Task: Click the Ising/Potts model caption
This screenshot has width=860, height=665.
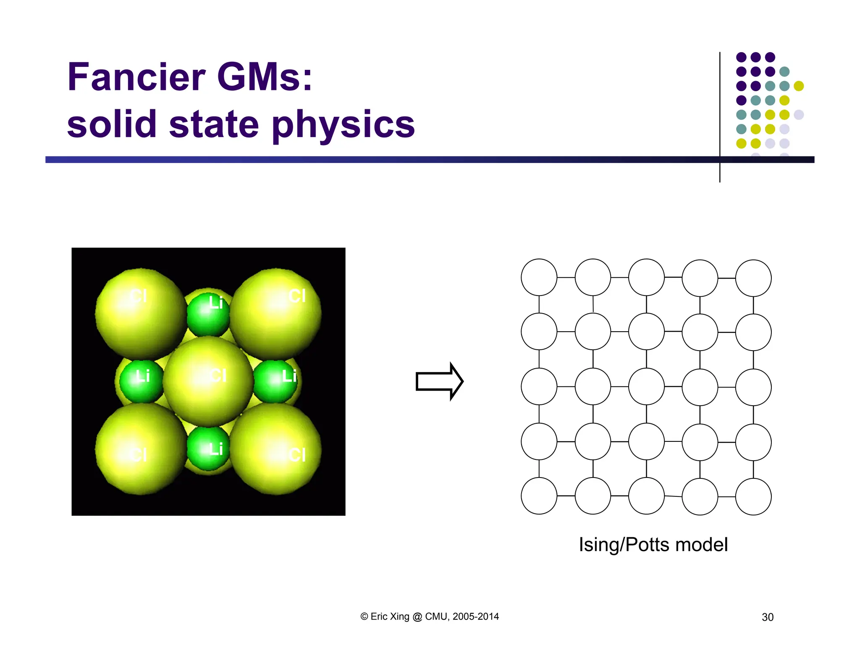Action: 653,545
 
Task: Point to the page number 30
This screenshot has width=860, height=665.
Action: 767,617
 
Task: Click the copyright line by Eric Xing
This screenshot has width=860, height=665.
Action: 430,617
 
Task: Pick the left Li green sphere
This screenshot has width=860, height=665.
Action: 141,380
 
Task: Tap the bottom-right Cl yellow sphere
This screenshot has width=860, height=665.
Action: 276,449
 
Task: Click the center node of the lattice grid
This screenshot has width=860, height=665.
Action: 646,387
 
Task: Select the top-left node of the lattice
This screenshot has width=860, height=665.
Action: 539,277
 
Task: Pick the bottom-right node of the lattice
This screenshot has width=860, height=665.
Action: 753,497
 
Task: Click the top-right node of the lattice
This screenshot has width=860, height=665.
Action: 753,278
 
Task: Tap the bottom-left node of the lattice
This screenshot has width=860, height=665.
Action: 539,496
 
